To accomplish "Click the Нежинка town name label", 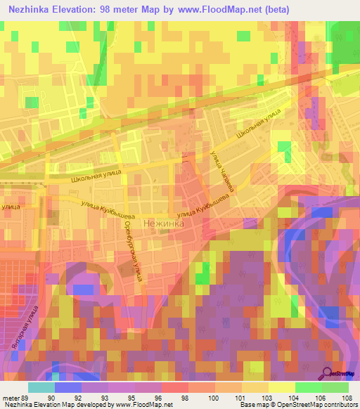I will point(163,223).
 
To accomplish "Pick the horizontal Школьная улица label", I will point(96,176).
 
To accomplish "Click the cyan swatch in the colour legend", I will point(41,387).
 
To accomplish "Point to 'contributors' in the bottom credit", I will point(337,405).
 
